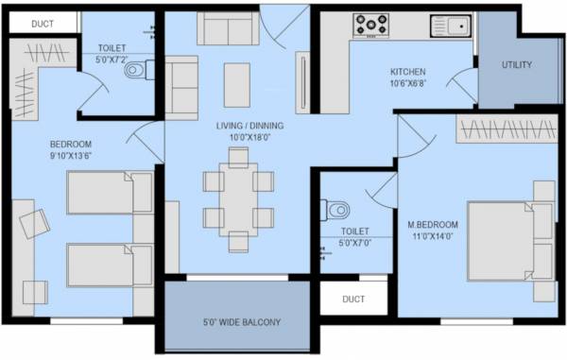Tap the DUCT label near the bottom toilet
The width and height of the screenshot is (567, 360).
353,299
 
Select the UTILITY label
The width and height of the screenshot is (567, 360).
517,65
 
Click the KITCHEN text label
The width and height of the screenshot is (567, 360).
408,72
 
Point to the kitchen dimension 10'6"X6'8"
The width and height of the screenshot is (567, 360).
408,84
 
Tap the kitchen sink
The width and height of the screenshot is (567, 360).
450,25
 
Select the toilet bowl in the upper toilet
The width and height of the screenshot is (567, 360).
135,69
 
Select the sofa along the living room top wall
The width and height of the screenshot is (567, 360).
226,28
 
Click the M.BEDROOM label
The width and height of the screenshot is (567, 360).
433,224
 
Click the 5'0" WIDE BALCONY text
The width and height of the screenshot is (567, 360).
242,322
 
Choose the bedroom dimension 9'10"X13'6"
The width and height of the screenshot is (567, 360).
77,156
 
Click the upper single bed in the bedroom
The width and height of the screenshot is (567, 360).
110,193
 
